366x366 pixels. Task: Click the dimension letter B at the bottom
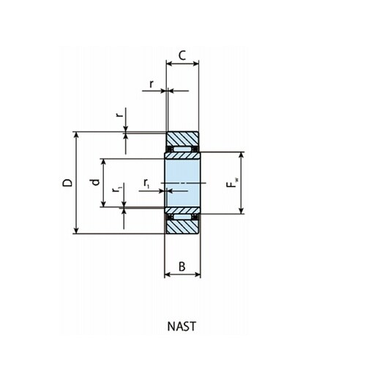coord(183,266)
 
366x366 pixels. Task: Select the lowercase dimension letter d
coord(94,182)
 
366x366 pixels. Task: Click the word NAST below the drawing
coord(183,327)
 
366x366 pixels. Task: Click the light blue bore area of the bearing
coord(183,182)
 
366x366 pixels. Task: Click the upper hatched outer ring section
coord(183,139)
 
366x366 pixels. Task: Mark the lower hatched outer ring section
coord(183,226)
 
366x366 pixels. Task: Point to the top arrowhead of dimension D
coord(76,135)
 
